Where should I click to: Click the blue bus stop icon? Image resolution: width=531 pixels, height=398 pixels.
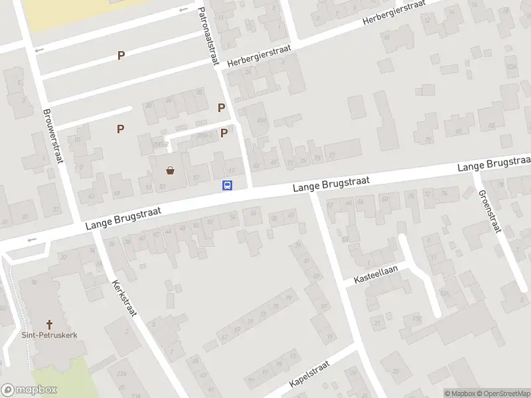pos(227,185)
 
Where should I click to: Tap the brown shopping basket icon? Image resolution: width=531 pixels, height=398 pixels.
pos(171,170)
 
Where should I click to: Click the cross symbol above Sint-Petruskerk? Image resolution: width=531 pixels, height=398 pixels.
pos(48,324)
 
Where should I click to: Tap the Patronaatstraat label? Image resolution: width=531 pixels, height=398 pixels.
pos(208,36)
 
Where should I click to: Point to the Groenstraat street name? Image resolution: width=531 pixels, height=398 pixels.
pos(488,211)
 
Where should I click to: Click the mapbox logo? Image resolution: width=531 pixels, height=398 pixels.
pos(29,390)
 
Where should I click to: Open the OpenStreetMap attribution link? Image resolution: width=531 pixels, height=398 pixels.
pos(502,393)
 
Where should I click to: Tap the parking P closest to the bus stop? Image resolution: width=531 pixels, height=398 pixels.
pos(224,133)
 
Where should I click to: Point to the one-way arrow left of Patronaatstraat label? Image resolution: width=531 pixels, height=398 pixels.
pos(183,10)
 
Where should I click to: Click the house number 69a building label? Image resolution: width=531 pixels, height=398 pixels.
pos(261,121)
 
